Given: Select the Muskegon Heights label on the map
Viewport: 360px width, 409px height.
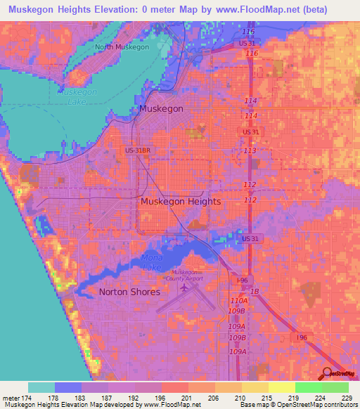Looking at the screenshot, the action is coord(181,202).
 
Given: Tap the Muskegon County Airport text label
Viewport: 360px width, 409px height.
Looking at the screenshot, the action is coord(186,276).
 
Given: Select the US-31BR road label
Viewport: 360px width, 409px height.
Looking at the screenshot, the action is coord(138,150).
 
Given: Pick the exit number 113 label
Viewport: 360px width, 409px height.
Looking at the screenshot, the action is coord(249,151).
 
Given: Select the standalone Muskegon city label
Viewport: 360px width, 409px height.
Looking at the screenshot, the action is coord(161,110).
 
